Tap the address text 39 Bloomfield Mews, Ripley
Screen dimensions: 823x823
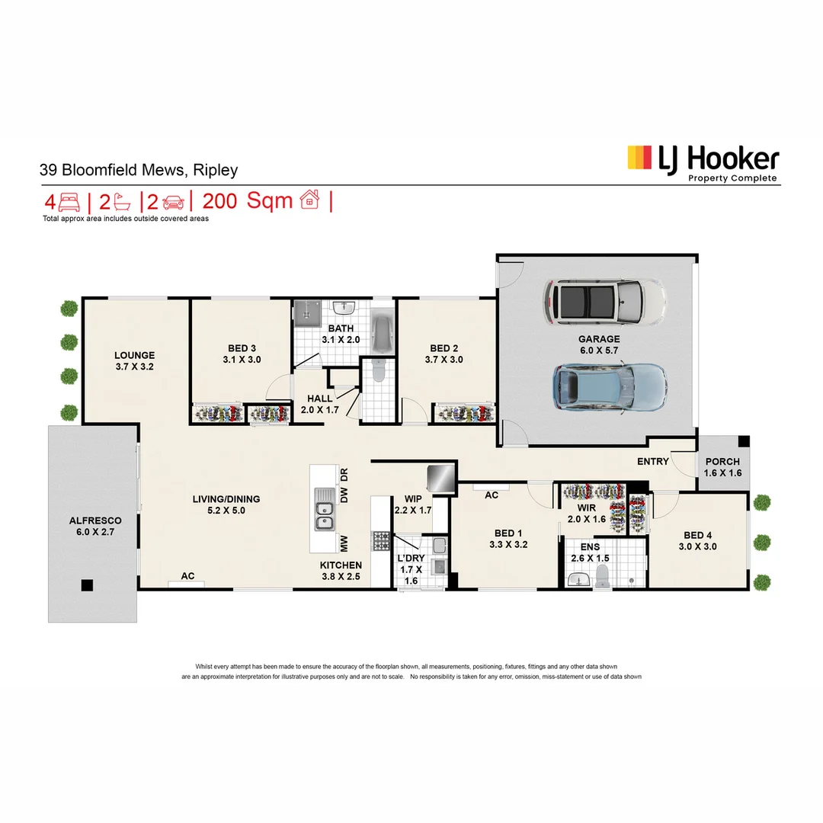point(139,170)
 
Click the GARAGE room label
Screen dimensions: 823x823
point(598,339)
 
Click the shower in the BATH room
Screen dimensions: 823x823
point(308,312)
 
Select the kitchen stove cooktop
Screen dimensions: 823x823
point(380,541)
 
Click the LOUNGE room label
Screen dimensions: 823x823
point(135,355)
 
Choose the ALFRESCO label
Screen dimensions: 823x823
point(92,521)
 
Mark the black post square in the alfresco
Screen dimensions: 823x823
point(88,585)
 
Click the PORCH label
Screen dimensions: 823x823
point(722,462)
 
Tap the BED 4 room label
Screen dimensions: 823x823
point(700,535)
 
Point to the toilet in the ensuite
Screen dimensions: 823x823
point(602,577)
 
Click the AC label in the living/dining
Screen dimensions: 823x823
point(187,576)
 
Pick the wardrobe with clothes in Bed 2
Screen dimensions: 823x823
point(465,413)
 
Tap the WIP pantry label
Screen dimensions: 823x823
point(413,499)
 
